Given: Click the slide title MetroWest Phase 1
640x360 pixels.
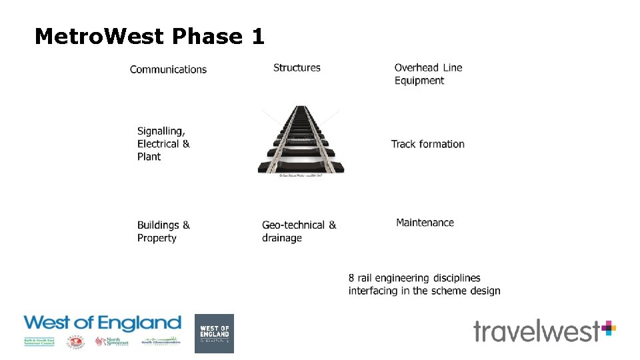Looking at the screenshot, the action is [149, 36].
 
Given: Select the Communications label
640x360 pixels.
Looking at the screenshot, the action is [168, 69].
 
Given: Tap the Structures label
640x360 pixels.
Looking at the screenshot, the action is [297, 67].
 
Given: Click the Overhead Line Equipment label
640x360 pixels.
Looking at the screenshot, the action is [428, 74].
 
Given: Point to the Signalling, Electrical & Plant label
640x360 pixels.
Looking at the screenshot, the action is [163, 144].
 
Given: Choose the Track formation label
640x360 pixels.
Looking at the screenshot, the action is [427, 144].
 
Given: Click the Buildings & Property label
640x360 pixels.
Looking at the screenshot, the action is [163, 231].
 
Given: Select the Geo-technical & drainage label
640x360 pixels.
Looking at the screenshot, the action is [299, 231].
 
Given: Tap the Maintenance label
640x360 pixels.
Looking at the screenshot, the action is [425, 223].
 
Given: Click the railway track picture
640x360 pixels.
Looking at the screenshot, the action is [301, 139].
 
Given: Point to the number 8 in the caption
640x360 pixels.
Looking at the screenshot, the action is [351, 278].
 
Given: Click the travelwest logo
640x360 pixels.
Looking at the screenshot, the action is [537, 331].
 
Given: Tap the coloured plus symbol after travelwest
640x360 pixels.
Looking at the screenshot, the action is [608, 328].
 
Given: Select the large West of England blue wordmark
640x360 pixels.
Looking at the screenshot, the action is [102, 324].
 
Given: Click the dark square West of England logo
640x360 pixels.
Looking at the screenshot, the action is [214, 333].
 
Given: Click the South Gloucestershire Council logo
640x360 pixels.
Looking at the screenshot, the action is [160, 342].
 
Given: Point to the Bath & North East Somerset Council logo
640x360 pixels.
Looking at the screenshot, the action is [39, 342].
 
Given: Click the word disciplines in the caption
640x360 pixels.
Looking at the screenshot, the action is [456, 278].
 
